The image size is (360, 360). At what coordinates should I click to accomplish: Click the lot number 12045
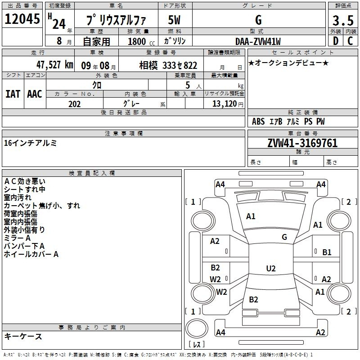click(22, 19)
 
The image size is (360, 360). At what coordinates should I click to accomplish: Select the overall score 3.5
click(343, 20)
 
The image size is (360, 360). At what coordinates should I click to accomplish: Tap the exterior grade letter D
click(336, 41)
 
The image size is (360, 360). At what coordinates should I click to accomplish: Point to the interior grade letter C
click(351, 41)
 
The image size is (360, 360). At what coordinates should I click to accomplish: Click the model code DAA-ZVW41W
click(258, 41)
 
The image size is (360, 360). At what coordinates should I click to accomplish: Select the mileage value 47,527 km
click(54, 65)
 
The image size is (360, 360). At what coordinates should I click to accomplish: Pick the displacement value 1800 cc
click(141, 42)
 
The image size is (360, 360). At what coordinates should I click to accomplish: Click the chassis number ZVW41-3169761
click(302, 143)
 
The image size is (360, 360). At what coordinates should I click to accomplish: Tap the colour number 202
click(74, 104)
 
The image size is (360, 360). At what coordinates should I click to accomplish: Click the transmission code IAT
click(13, 94)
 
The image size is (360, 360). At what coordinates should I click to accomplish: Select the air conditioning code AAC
click(35, 94)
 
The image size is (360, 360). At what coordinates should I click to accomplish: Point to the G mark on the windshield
click(284, 237)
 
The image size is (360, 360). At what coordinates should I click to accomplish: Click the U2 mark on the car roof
click(271, 268)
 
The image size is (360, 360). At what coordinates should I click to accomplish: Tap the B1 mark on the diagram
click(327, 252)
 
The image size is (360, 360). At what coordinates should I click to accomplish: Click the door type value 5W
click(174, 20)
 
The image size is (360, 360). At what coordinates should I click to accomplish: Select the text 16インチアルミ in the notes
click(30, 143)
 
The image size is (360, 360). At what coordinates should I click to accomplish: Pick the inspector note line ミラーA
click(17, 238)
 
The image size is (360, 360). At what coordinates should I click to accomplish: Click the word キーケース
click(23, 337)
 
